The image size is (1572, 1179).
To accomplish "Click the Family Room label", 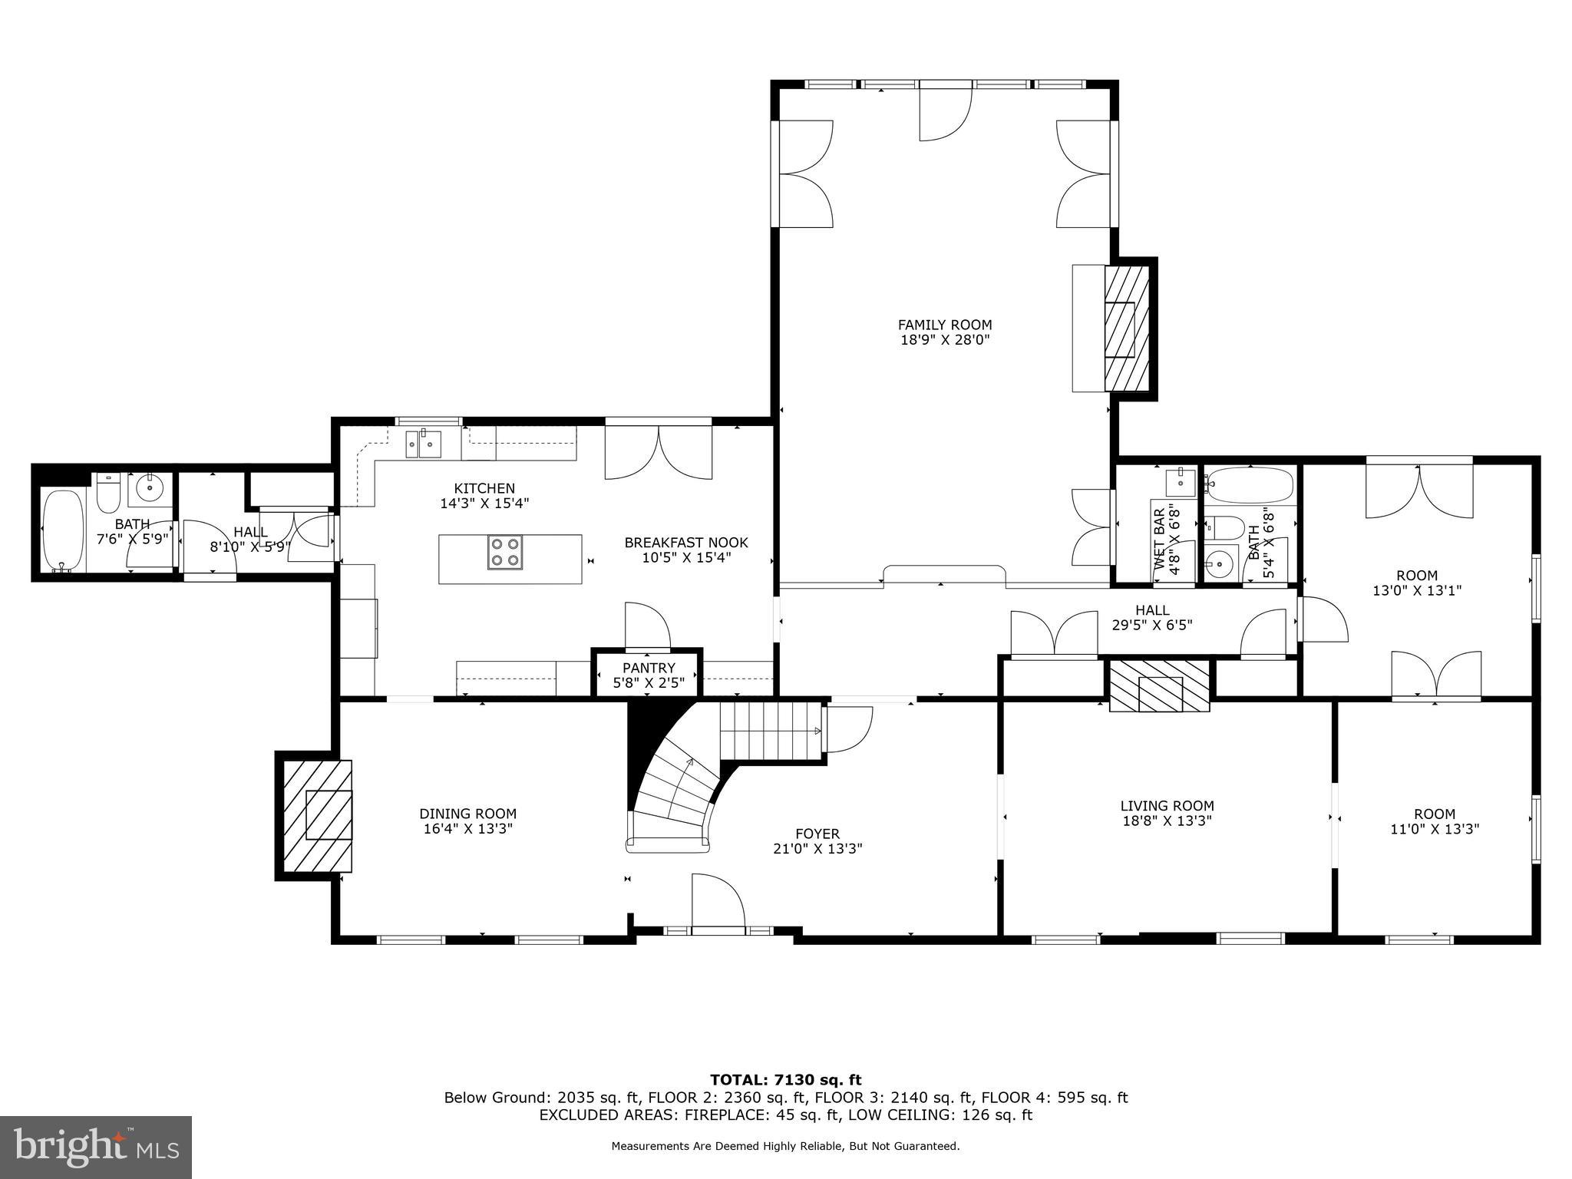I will [x=945, y=325].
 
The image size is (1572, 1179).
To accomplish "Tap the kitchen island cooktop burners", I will [x=504, y=552].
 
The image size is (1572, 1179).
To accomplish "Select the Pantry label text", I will [x=649, y=668].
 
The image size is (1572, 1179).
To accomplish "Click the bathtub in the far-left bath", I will [x=63, y=531].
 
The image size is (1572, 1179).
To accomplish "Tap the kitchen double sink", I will [x=423, y=444].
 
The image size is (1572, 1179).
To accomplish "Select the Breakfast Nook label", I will [x=685, y=543].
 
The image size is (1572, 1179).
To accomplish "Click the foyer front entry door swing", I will [x=718, y=903].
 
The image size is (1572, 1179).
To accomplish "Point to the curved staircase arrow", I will [x=680, y=783].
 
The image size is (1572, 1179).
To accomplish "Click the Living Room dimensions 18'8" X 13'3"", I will [x=1167, y=821].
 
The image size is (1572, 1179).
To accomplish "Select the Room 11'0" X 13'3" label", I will [x=1434, y=821].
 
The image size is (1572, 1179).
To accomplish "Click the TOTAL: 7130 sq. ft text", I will [x=785, y=1081].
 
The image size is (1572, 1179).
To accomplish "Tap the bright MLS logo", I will [x=96, y=1147].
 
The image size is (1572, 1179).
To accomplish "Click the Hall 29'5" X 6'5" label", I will [x=1151, y=617].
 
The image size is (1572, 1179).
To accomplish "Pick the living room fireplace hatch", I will [x=1159, y=685].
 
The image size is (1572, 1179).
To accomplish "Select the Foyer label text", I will [x=817, y=834].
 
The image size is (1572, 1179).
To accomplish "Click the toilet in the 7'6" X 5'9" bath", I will [x=108, y=494].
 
